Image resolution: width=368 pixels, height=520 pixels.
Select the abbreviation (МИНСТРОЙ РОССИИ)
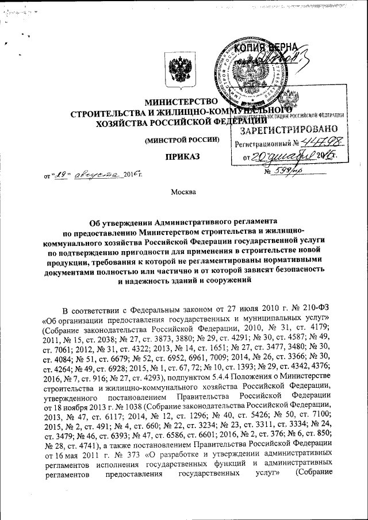tap(182, 140)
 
